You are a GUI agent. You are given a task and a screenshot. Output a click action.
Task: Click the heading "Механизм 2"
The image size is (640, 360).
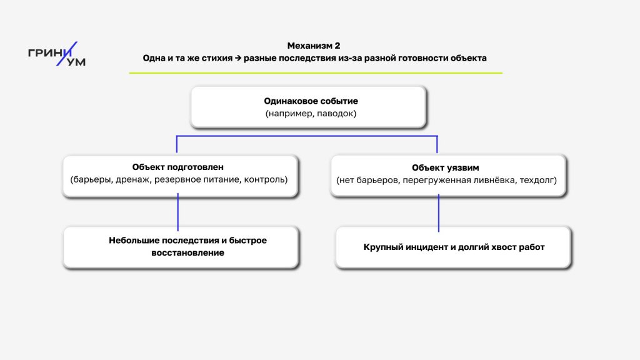pyautogui.click(x=314, y=46)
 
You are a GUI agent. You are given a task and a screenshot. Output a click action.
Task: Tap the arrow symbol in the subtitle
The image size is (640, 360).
pyautogui.click(x=238, y=58)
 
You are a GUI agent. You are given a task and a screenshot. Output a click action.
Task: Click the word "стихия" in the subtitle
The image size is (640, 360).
pyautogui.click(x=216, y=58)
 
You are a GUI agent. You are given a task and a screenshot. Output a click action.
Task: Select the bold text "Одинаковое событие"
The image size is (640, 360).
pyautogui.click(x=311, y=101)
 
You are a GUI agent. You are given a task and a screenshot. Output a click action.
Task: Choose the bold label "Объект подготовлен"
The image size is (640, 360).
pyautogui.click(x=178, y=167)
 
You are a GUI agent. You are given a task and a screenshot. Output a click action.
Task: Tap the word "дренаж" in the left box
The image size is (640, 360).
pyautogui.click(x=129, y=180)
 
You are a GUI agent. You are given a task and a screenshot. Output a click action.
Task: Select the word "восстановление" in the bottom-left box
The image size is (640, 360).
pyautogui.click(x=187, y=253)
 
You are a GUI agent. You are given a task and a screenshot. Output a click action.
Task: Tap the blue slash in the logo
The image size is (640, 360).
pyautogui.click(x=69, y=54)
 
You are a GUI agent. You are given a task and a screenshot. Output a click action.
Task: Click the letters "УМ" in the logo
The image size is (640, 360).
pyautogui.click(x=77, y=62)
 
